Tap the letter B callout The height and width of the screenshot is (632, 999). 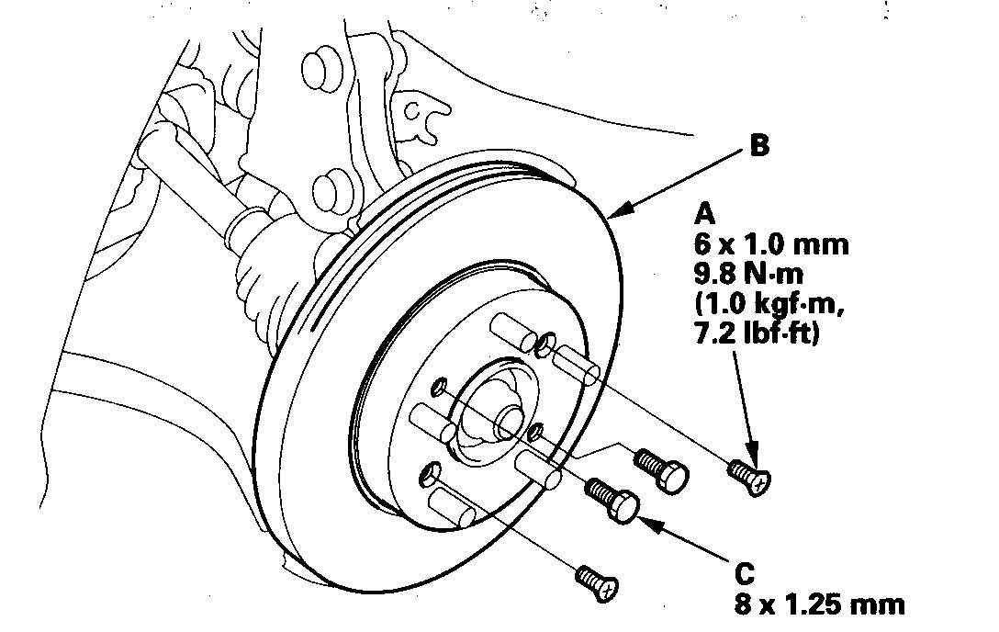[759, 146]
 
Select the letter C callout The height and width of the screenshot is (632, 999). [745, 575]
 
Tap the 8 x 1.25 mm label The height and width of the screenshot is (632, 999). [819, 605]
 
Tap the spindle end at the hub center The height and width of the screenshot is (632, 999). [509, 423]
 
